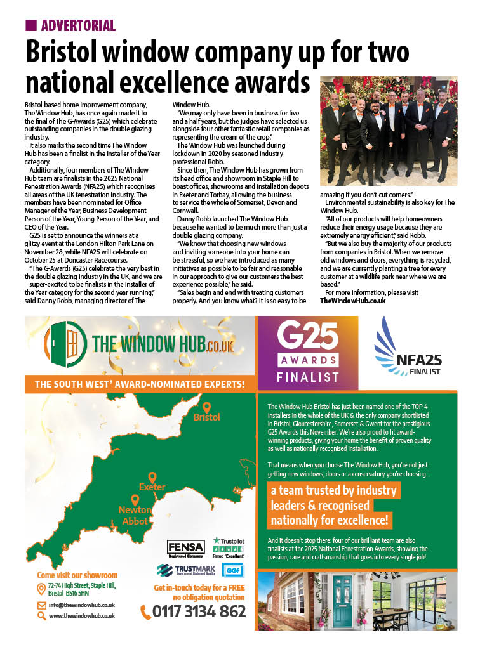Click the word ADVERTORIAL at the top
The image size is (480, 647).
click(x=77, y=26)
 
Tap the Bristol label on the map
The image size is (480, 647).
click(x=206, y=417)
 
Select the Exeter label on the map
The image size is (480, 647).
click(x=152, y=487)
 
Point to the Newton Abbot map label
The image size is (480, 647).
click(x=135, y=515)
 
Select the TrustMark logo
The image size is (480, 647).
click(x=185, y=570)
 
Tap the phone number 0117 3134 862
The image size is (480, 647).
click(x=199, y=612)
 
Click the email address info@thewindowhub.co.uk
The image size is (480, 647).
click(x=82, y=605)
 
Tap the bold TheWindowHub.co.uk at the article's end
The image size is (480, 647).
click(x=352, y=301)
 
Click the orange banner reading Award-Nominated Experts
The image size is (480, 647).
click(x=140, y=384)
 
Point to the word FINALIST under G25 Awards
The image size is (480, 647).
click(x=307, y=377)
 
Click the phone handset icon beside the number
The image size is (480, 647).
click(x=146, y=613)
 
